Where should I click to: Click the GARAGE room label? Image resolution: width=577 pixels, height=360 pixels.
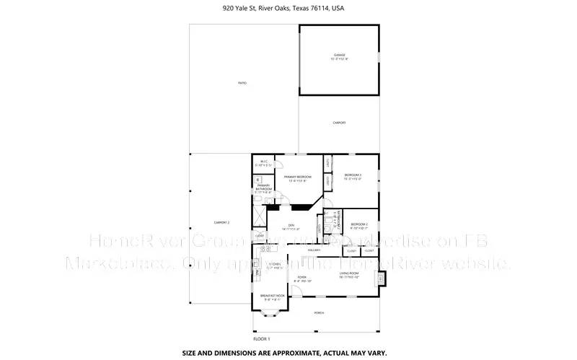(339, 55)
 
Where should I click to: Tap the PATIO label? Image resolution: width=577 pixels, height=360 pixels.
(242, 83)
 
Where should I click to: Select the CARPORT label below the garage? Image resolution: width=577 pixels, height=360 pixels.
(339, 123)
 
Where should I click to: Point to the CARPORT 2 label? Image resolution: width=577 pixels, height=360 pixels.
(221, 222)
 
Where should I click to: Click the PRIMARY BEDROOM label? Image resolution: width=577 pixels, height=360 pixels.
(297, 177)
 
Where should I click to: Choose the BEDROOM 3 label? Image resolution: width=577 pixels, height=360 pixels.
(353, 175)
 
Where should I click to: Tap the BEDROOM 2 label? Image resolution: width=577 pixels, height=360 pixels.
(359, 224)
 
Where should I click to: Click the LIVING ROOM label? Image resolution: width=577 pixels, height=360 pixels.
(350, 273)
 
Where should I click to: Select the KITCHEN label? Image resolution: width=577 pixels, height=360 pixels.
(275, 265)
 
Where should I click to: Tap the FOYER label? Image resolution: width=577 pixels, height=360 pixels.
(303, 277)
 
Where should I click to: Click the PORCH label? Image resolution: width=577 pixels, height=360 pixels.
(319, 312)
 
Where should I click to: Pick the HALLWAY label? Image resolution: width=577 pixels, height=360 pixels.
(314, 250)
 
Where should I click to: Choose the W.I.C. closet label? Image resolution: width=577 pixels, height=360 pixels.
(264, 162)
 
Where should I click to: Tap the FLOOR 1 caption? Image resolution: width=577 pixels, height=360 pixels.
(261, 338)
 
